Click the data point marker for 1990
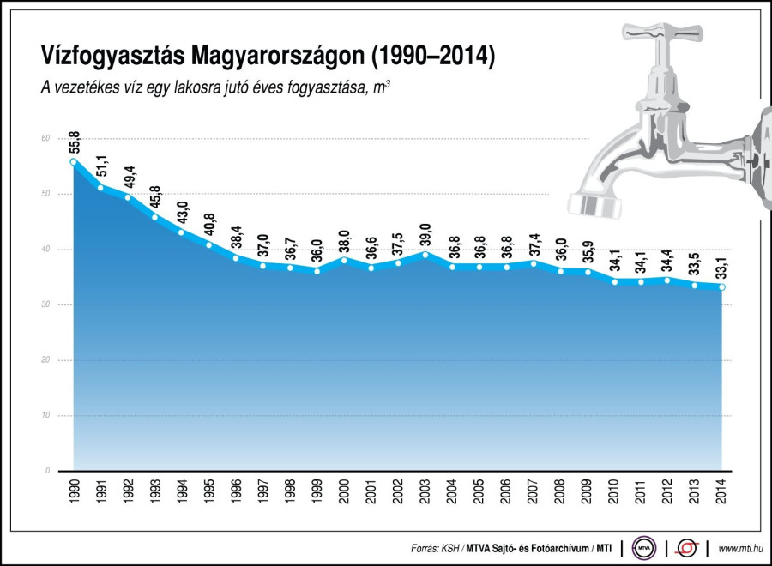pos(74,161)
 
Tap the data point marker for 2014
pos(722,287)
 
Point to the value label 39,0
pos(425,234)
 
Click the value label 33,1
pos(722,268)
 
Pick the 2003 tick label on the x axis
pos(425,491)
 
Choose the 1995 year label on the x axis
pos(208,491)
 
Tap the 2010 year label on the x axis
pos(614,491)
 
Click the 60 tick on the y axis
pos(45,139)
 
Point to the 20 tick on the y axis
pos(45,360)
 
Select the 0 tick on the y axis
pos(47,471)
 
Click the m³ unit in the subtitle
pos(383,87)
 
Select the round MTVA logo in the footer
pos(643,547)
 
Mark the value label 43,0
pos(182,213)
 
